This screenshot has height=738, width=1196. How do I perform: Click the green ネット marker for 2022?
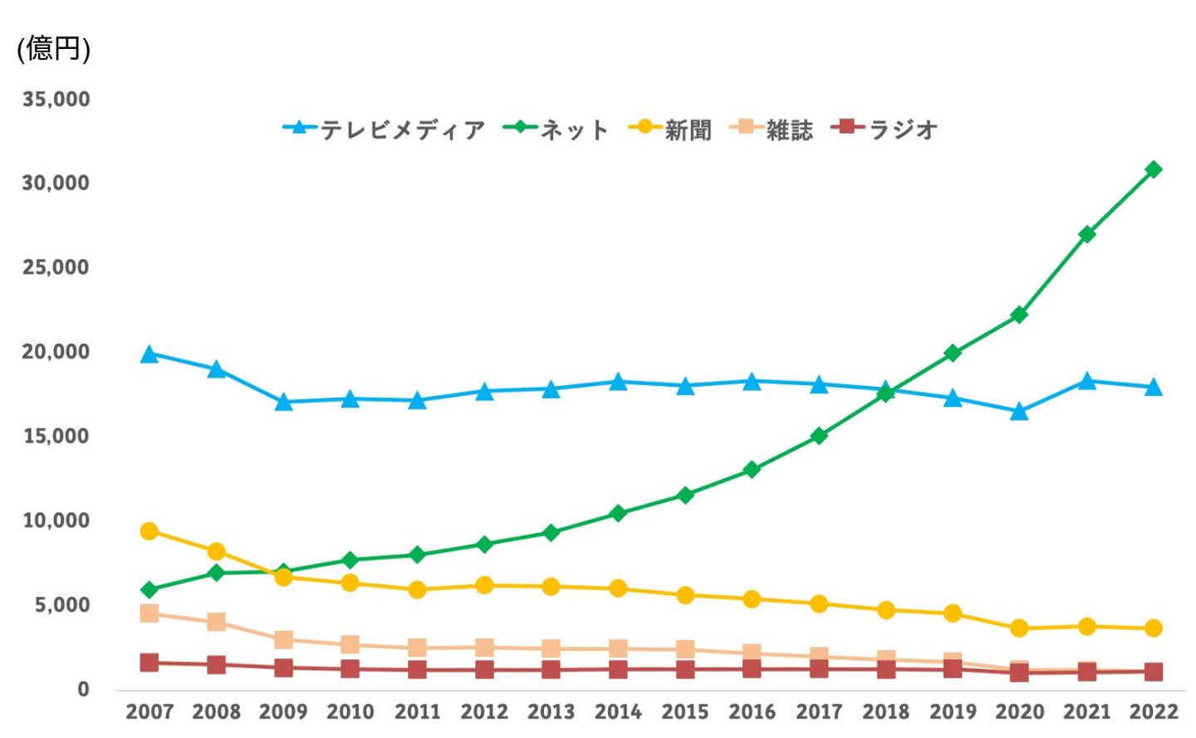tap(1154, 169)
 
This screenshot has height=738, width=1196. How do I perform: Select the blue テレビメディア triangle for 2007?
tap(149, 354)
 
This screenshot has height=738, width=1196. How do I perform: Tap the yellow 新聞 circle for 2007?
tap(149, 531)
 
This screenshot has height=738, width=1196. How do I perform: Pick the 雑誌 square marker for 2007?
tap(149, 613)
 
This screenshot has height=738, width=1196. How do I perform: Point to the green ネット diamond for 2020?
tap(1019, 315)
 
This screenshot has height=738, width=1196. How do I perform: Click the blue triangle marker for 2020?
tap(1019, 412)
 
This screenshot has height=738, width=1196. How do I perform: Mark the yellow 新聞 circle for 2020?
tap(1019, 628)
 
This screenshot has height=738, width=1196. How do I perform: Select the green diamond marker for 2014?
tap(618, 513)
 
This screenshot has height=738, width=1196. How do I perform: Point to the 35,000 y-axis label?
tap(56, 100)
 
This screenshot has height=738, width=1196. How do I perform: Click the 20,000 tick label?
tap(56, 352)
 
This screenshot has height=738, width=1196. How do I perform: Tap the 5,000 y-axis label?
tap(61, 605)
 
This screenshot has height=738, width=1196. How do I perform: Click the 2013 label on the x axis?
tap(551, 711)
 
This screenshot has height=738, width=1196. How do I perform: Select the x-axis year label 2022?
tap(1154, 711)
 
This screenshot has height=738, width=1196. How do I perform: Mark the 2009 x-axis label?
tap(283, 711)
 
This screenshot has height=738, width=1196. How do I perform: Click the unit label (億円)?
tap(54, 48)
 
